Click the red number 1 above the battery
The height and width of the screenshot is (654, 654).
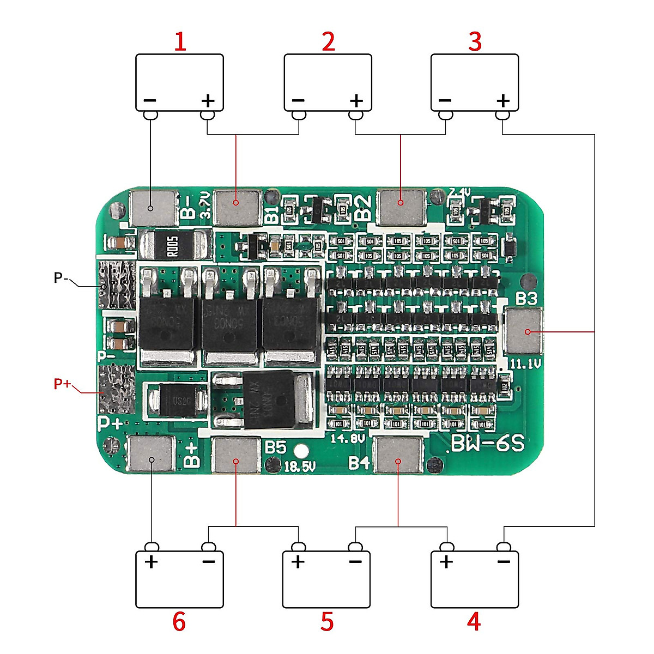click(180, 42)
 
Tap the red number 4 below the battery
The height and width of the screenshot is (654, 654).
click(474, 622)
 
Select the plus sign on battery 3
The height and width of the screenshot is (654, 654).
click(503, 101)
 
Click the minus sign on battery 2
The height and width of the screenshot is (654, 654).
click(298, 101)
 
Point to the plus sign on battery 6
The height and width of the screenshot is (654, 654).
click(151, 562)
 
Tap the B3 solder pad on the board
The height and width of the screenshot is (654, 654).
click(524, 331)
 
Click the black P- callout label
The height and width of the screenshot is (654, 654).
click(61, 278)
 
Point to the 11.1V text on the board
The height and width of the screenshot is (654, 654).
click(524, 364)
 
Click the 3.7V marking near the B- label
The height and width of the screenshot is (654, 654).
click(205, 204)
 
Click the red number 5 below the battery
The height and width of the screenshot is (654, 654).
click(326, 622)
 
